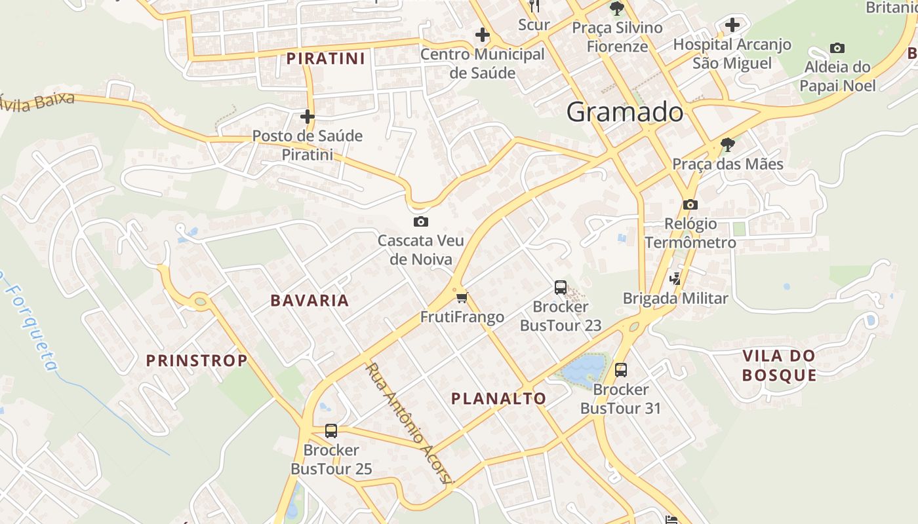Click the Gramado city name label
click(x=624, y=113)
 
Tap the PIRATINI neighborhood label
click(x=325, y=59)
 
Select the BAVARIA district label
click(x=309, y=301)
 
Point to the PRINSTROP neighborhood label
click(x=197, y=360)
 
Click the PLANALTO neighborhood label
click(x=498, y=398)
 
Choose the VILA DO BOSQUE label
click(x=779, y=365)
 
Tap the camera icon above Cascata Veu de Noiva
click(x=421, y=221)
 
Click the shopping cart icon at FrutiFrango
click(x=462, y=298)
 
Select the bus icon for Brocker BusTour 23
click(x=561, y=287)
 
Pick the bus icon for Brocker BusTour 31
click(x=621, y=370)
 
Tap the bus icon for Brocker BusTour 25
click(x=331, y=430)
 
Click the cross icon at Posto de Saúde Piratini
click(x=307, y=117)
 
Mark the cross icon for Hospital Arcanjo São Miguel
click(x=732, y=25)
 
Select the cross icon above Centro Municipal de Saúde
click(x=483, y=34)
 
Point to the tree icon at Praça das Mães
click(x=727, y=144)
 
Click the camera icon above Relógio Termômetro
click(x=690, y=204)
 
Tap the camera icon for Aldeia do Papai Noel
click(x=837, y=48)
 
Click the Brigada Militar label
click(x=675, y=299)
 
